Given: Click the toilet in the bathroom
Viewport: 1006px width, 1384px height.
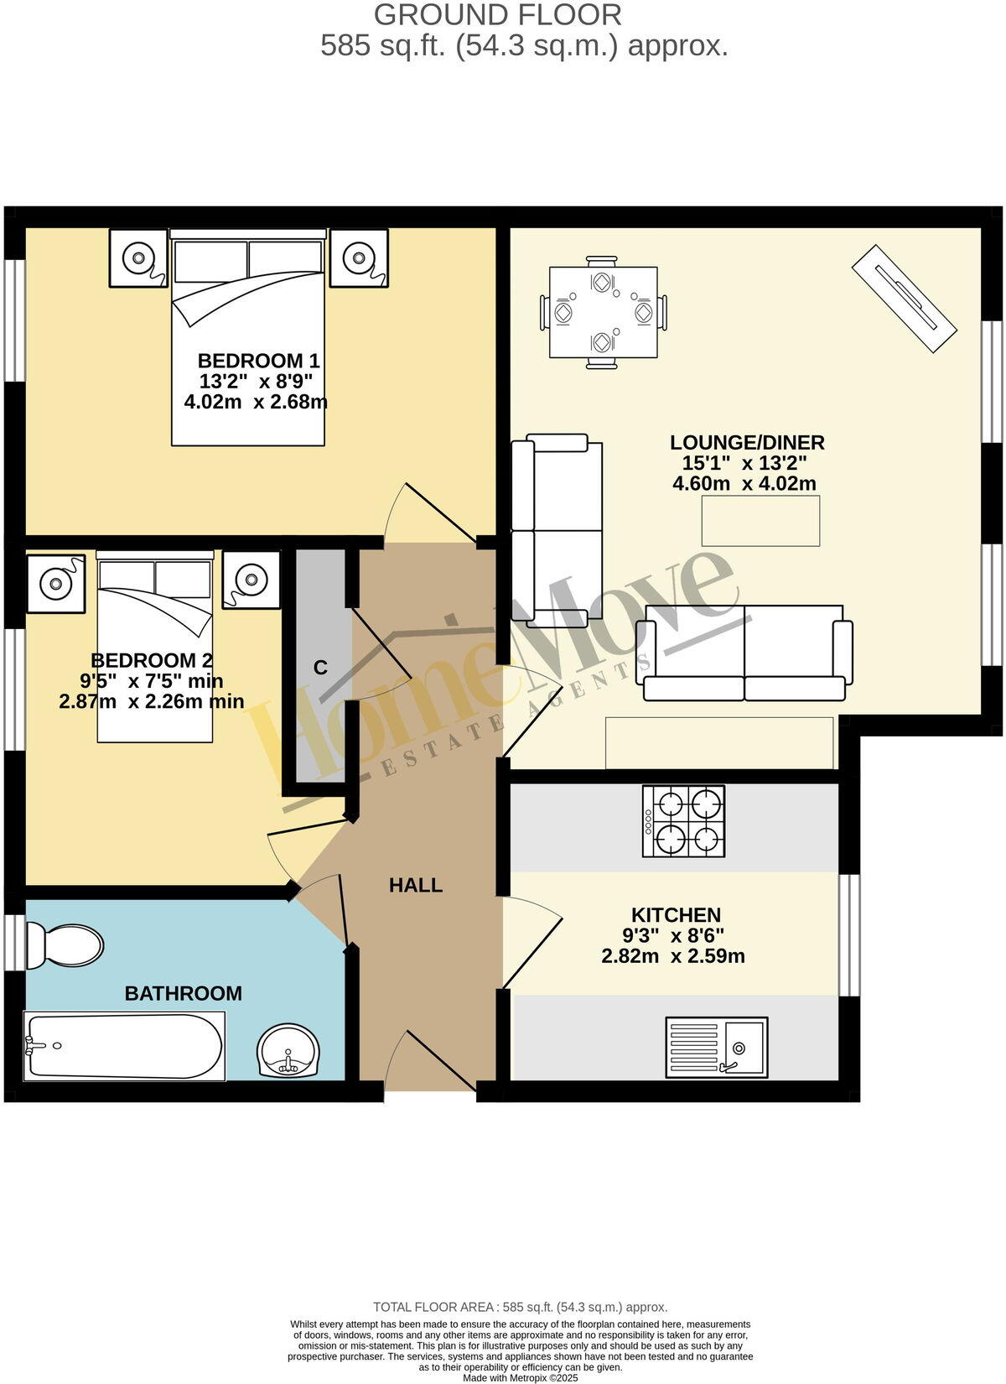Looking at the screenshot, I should coord(65,945).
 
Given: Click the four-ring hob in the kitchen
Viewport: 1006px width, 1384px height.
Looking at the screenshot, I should coord(683,821).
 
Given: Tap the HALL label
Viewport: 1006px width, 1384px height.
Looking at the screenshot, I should coord(416,885).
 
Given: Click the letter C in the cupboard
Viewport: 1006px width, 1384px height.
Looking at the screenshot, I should coord(319,668).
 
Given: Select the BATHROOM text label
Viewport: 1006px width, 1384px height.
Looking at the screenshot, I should coord(183,993).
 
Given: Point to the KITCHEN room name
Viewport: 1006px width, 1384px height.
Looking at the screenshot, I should coord(676,915).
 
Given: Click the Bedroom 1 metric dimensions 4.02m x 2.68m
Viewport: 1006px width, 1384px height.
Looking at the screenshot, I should coord(256,402).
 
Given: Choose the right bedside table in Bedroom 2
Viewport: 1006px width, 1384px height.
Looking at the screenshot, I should coord(251,579).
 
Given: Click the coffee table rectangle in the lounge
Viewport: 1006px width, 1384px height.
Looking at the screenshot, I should coord(760,521).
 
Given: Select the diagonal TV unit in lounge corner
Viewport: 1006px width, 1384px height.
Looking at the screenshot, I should coord(904,299).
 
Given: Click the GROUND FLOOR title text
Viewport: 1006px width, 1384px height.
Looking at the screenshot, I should coord(498,14).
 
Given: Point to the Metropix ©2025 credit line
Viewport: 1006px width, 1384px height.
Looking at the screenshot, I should coord(520,1377).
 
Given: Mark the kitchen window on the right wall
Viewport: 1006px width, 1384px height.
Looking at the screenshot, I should coord(848,933).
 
